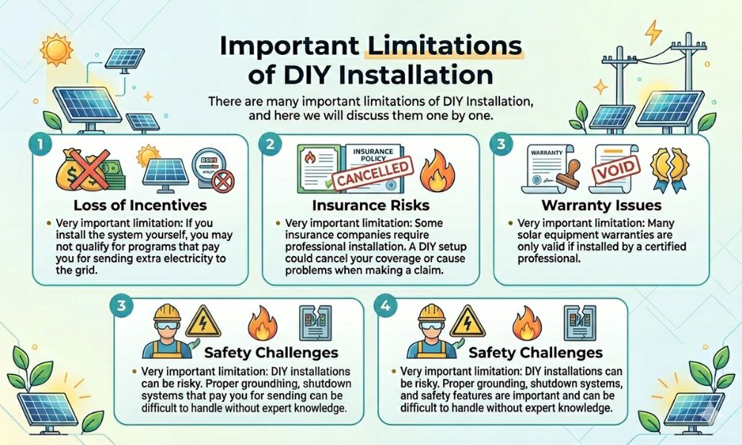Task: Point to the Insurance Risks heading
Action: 371,205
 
